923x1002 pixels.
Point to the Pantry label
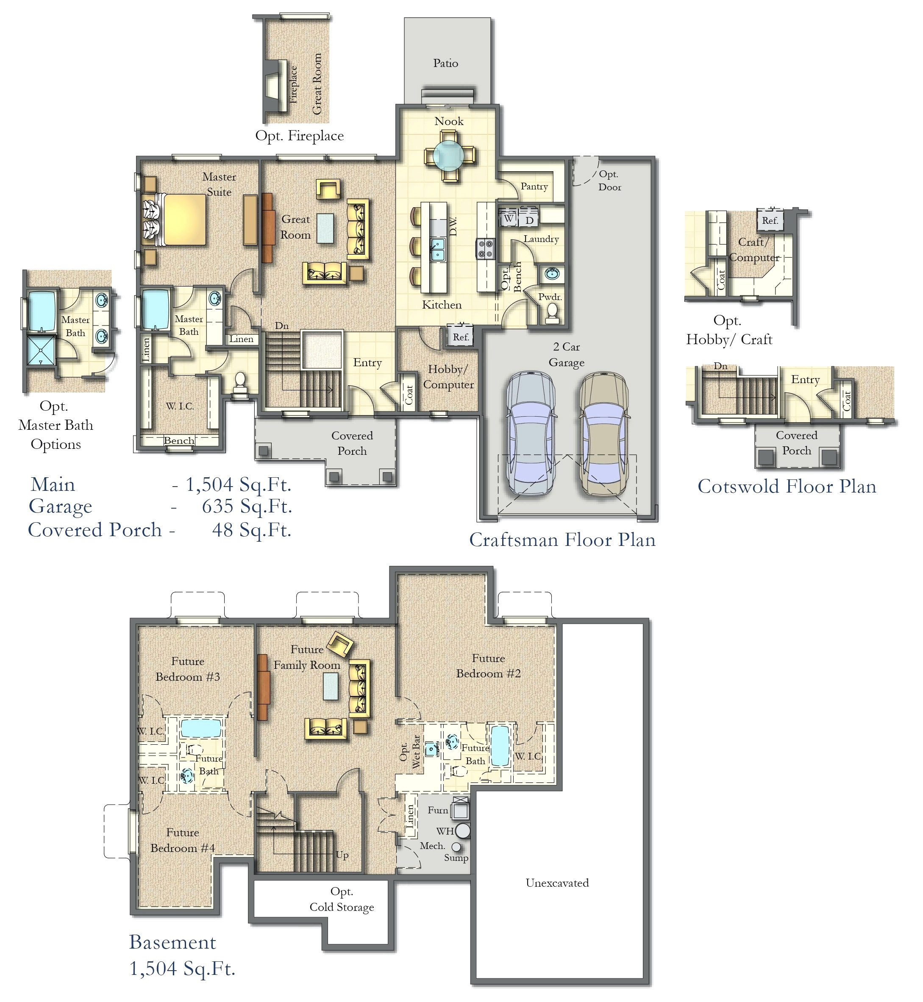534,186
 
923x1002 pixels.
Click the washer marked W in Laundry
509,218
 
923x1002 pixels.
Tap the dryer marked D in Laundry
529,220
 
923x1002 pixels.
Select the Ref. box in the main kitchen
461,337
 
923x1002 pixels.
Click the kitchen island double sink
437,249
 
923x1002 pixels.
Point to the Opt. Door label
609,180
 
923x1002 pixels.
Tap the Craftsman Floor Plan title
562,540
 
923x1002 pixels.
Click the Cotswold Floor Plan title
787,487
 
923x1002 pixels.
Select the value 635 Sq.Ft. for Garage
247,507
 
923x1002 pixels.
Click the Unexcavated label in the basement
557,883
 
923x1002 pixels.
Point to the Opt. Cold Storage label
342,899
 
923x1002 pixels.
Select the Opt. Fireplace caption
299,136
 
